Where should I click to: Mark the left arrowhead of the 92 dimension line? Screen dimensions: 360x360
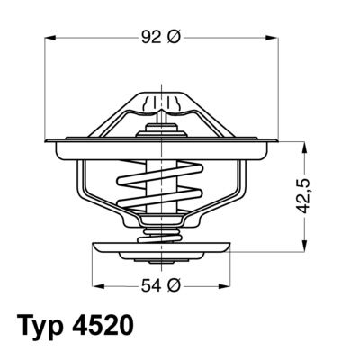49,39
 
